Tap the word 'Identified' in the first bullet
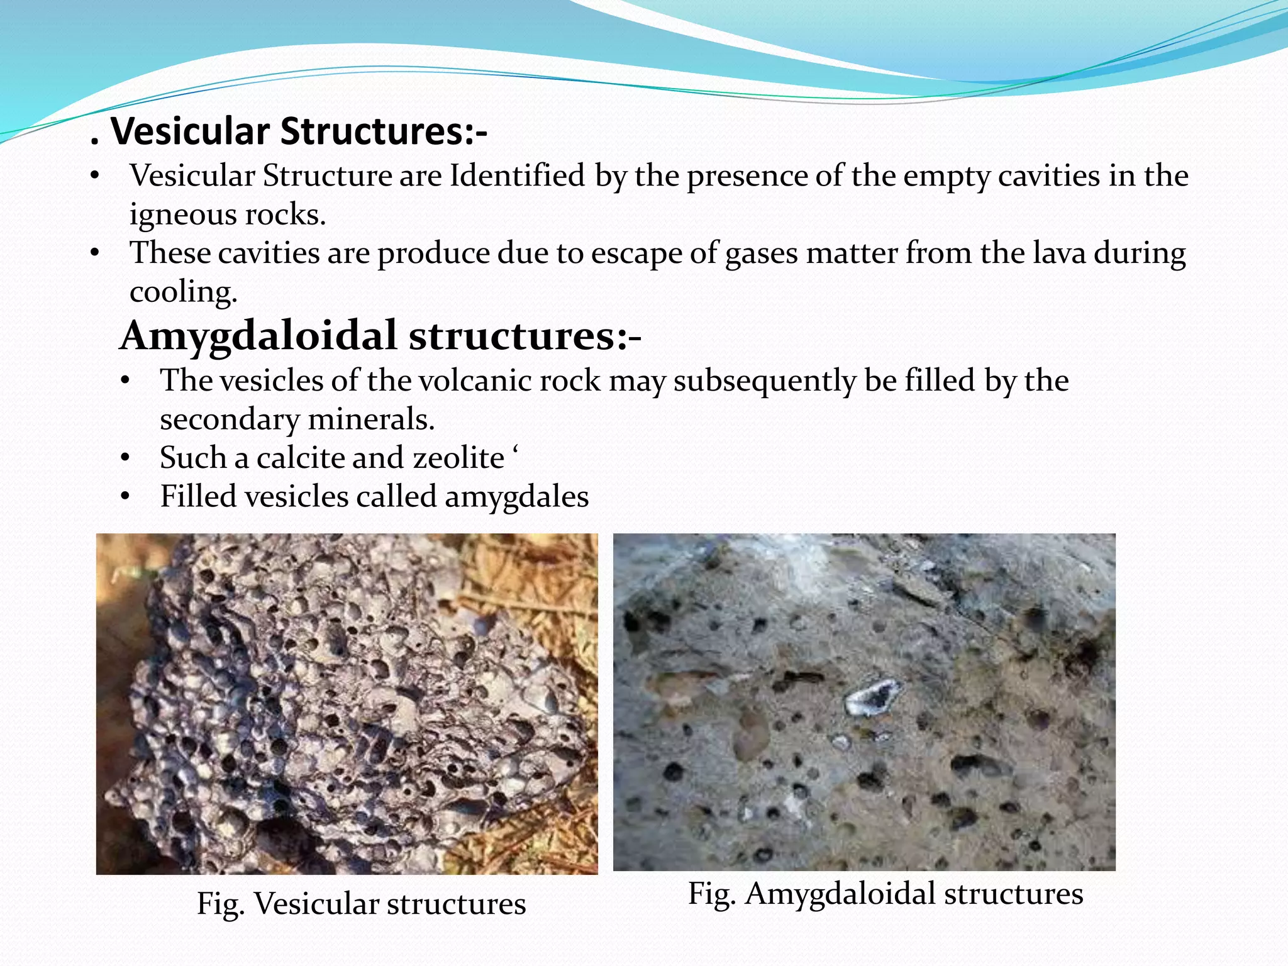(x=517, y=175)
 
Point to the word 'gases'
(x=762, y=253)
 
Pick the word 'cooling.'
(x=183, y=292)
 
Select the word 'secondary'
(x=229, y=419)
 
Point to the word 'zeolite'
(x=458, y=458)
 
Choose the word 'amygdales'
(x=516, y=497)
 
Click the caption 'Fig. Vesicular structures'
(x=361, y=904)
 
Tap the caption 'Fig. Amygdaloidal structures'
(x=885, y=894)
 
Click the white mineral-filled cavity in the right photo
(x=873, y=697)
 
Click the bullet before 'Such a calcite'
(x=125, y=458)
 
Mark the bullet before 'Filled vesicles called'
(x=125, y=497)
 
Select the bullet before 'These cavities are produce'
(x=95, y=253)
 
